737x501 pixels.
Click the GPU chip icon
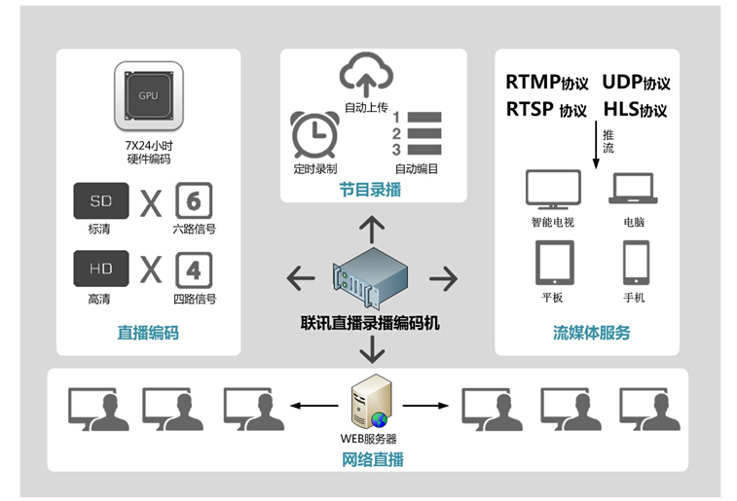coord(148,96)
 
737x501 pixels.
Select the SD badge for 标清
coord(101,200)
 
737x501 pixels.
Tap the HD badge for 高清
coord(101,269)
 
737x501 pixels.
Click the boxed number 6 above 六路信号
coord(194,201)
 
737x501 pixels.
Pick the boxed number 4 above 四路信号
coord(194,269)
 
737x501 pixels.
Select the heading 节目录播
coord(369,190)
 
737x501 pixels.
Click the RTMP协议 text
coord(546,83)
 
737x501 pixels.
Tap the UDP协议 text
coord(636,83)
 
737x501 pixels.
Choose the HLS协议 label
coord(635,109)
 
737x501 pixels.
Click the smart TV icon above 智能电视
coord(552,189)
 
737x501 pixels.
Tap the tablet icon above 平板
coord(552,262)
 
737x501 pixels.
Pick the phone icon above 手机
coord(635,262)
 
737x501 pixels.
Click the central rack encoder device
coord(369,276)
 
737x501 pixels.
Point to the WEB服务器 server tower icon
coord(370,403)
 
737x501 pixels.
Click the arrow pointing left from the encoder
coord(301,279)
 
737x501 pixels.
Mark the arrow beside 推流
coord(596,146)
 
